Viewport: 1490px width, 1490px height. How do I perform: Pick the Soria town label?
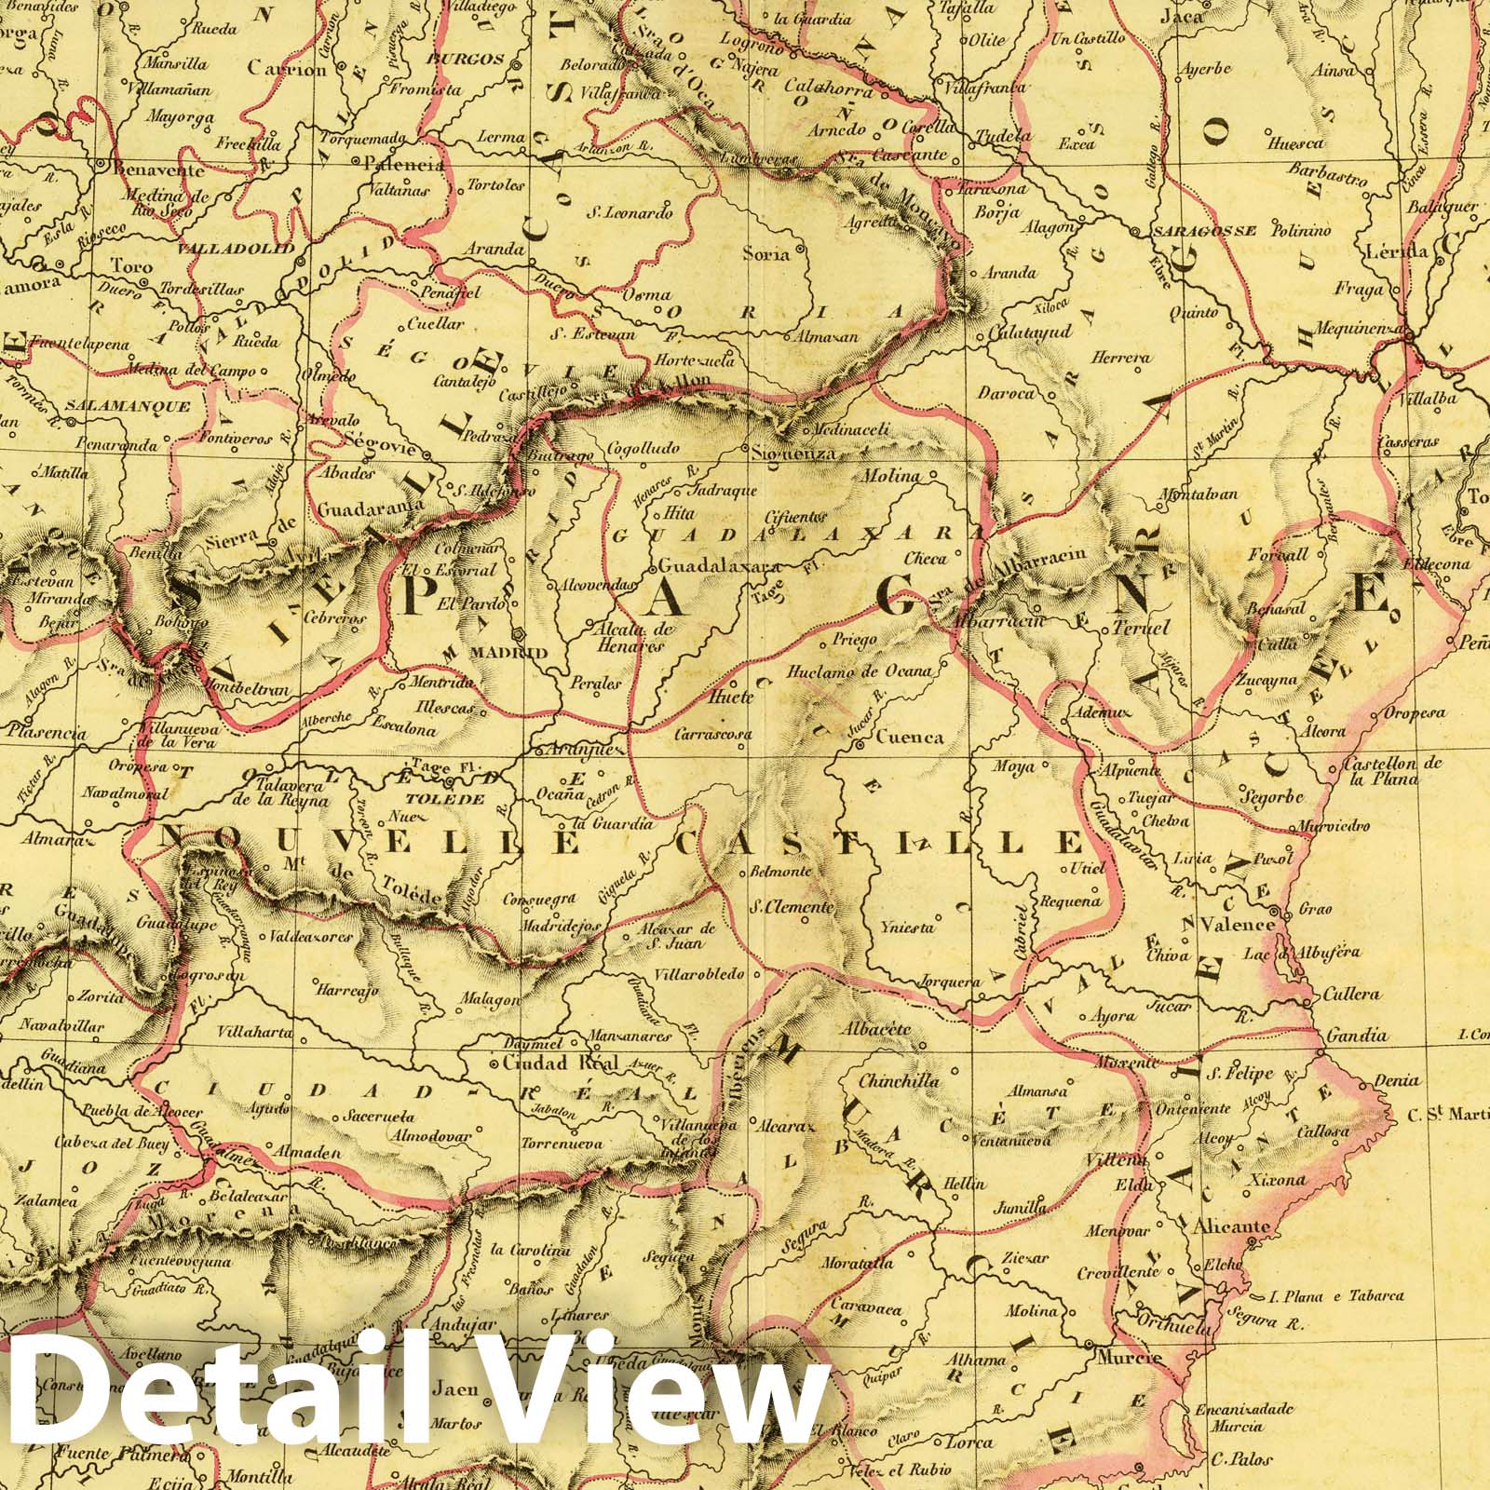click(766, 253)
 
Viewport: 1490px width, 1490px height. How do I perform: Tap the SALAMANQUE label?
click(128, 407)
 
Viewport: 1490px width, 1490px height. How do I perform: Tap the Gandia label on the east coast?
click(1361, 1035)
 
